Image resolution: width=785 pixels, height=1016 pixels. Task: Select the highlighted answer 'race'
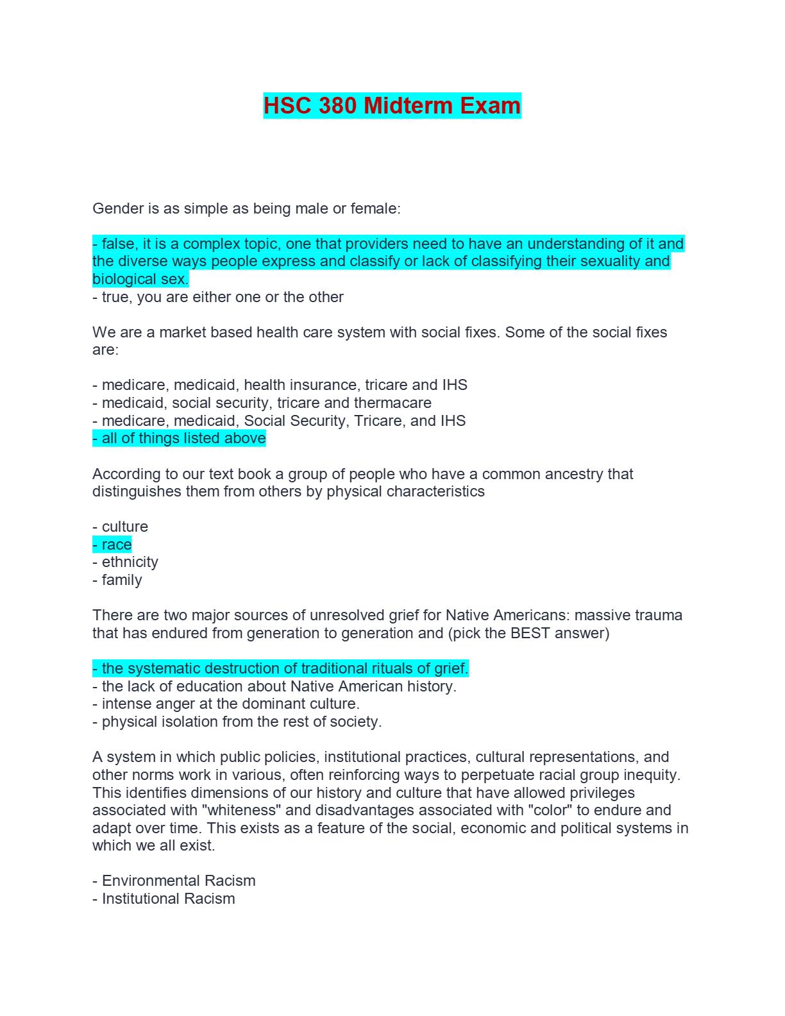116,545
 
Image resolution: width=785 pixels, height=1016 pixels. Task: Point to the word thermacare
393,403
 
